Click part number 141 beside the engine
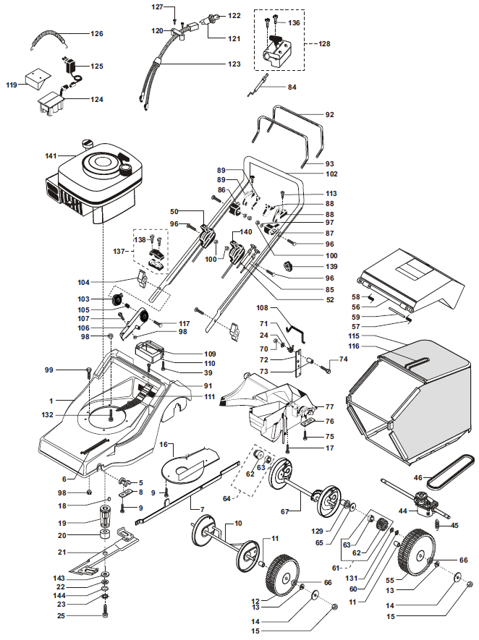51,155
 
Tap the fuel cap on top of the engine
88,143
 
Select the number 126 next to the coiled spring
97,33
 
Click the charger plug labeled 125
69,65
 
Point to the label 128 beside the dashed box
324,43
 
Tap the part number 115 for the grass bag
354,336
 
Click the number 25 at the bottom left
61,615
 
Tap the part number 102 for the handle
331,174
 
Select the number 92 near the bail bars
329,115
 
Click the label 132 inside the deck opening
47,414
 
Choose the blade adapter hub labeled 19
106,516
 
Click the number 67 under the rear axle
284,511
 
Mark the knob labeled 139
289,267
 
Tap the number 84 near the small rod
292,87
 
